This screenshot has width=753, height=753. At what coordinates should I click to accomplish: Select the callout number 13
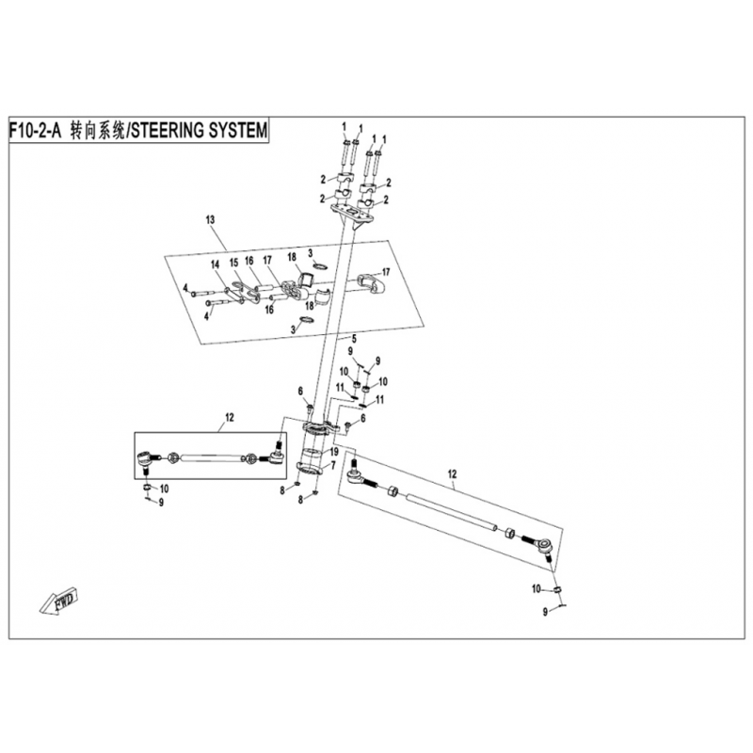[x=210, y=219]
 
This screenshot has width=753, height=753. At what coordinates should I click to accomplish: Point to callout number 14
[x=215, y=264]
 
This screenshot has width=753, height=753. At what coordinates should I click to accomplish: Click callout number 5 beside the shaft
[x=353, y=338]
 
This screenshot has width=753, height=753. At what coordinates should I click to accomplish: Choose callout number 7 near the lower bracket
[x=331, y=466]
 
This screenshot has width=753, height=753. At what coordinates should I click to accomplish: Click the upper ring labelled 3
[x=321, y=266]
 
